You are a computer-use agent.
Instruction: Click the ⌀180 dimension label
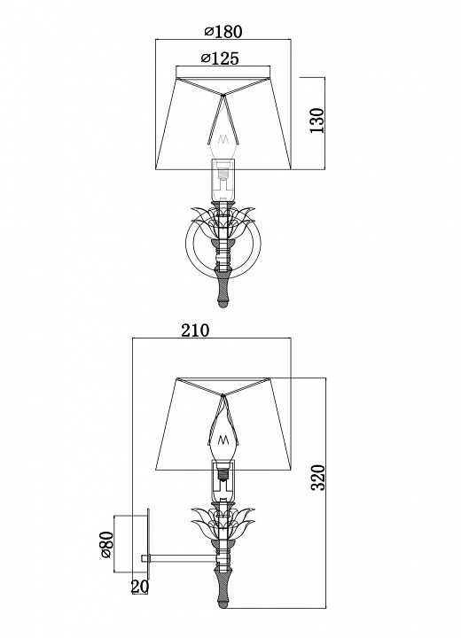pos(223,32)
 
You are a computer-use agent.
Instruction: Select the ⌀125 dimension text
pos(223,58)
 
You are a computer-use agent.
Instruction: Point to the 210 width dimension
pos(194,331)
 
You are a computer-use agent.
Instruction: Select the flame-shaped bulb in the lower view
pos(224,425)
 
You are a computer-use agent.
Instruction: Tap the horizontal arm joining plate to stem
pos(182,557)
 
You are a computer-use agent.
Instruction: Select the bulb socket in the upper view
pos(224,182)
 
